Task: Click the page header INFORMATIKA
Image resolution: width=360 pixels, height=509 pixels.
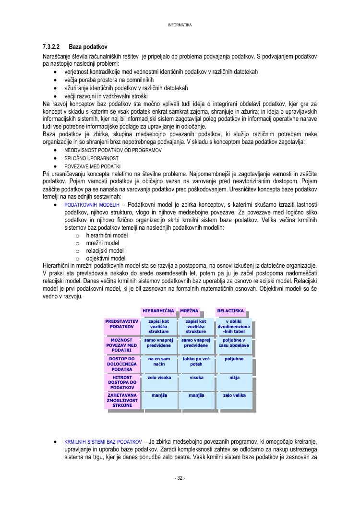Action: pos(180,25)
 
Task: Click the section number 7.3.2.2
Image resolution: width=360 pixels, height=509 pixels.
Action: pos(51,47)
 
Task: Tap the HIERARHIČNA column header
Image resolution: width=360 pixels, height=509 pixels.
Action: pos(158,311)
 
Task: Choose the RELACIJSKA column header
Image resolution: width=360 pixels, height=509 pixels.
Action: pos(231,311)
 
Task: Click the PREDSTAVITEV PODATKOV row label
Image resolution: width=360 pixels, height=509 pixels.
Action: pos(122,324)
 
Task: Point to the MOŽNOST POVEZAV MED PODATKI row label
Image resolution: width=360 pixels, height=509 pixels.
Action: pos(122,345)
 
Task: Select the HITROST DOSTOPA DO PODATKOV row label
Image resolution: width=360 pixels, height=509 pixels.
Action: pos(122,382)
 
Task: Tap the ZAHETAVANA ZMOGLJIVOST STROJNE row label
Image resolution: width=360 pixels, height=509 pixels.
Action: pos(122,400)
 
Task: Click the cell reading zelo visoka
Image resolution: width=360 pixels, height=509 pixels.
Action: pos(159,378)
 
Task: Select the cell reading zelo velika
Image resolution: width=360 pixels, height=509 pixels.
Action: pos(234,395)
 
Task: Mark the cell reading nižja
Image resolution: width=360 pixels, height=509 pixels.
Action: pos(234,378)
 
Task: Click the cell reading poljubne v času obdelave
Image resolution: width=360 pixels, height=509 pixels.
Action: pos(234,343)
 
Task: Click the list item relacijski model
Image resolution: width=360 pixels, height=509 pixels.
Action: pos(105,250)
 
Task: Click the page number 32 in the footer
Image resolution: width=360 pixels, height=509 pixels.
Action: pos(180,478)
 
